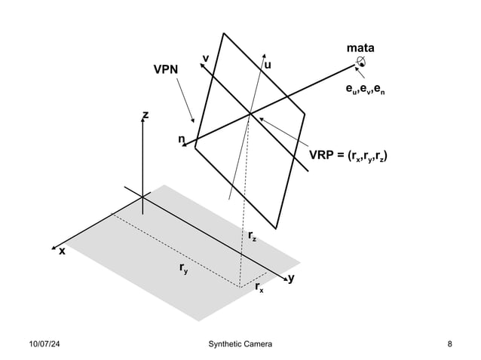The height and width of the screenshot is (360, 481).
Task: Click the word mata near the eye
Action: pyautogui.click(x=360, y=49)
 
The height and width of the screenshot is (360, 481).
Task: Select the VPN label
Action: pyautogui.click(x=166, y=69)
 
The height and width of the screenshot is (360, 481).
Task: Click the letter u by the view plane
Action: pyautogui.click(x=268, y=66)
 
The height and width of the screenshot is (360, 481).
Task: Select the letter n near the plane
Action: pyautogui.click(x=181, y=139)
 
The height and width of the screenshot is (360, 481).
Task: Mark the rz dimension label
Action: pyautogui.click(x=252, y=236)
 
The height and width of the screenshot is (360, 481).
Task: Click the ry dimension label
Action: pyautogui.click(x=183, y=267)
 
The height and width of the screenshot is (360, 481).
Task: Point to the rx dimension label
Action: pyautogui.click(x=259, y=288)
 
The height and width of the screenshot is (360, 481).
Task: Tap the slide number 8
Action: pyautogui.click(x=449, y=344)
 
